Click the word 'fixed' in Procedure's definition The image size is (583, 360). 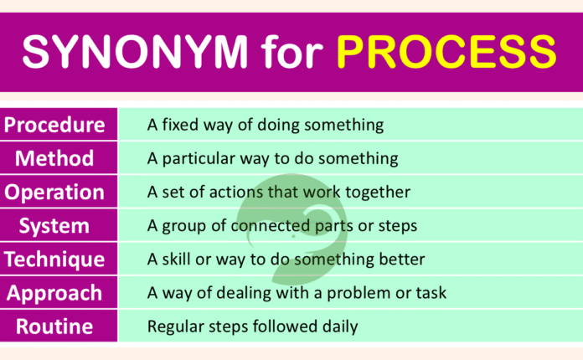[x=183, y=126]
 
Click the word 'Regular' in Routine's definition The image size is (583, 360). [x=173, y=327]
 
